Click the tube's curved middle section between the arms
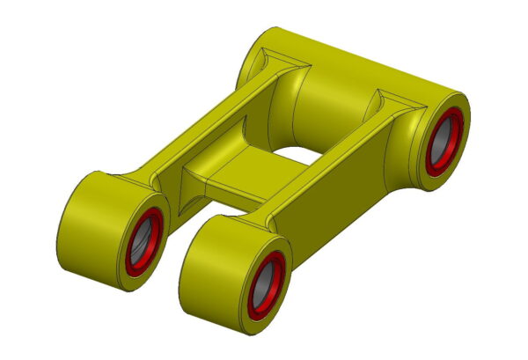[x=330, y=97]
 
